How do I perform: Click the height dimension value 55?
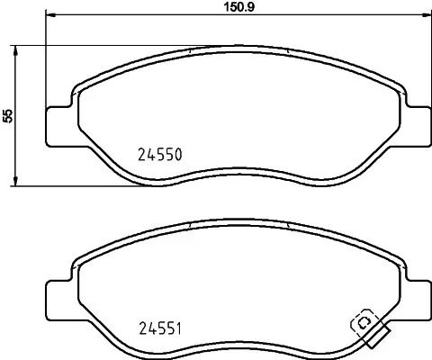click(8, 116)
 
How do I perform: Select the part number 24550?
click(159, 154)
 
